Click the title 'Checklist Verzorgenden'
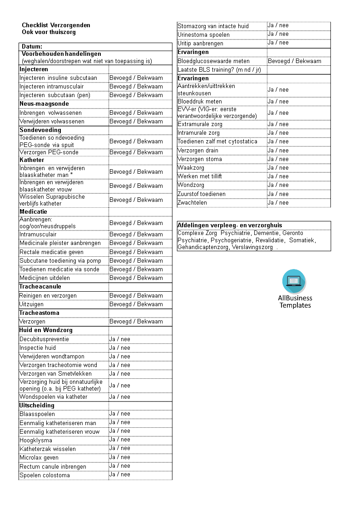[56, 25]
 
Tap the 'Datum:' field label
[32, 46]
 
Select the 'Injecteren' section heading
[34, 69]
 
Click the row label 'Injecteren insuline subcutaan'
[58, 78]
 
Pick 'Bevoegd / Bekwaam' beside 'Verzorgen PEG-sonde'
[136, 152]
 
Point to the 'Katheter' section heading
[32, 160]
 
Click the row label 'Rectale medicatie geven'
[51, 252]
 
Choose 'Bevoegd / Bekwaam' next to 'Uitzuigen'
[136, 304]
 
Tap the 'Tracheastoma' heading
[39, 313]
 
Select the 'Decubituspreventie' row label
[44, 339]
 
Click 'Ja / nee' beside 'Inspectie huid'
[119, 348]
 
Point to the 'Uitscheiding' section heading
[37, 406]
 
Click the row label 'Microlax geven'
[39, 458]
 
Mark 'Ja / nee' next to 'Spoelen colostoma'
[119, 475]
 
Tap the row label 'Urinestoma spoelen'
[203, 35]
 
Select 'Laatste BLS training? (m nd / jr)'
[219, 70]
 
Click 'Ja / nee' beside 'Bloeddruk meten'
[278, 102]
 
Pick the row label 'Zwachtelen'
[192, 203]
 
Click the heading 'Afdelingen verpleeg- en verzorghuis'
[230, 225]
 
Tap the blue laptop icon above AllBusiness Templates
[294, 281]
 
